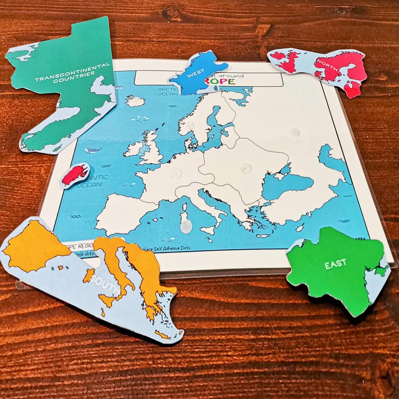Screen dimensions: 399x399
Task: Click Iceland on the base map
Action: coord(135,101)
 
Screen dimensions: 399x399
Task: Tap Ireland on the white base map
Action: coord(133,149)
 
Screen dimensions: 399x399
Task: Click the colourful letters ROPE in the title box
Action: coord(222,81)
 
